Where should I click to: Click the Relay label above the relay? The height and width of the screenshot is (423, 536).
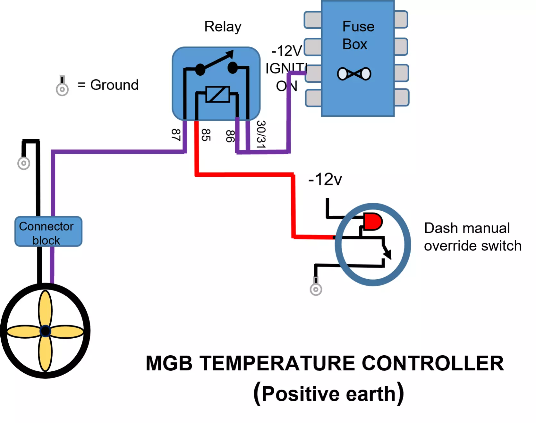coord(223,27)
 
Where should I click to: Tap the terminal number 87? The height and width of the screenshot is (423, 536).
coord(176,135)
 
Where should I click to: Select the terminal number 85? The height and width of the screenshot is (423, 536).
coord(206,135)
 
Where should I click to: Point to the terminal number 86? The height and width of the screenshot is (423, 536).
coord(230,136)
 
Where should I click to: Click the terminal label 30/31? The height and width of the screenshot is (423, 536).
coord(261,134)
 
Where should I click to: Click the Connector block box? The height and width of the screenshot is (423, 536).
coord(48,232)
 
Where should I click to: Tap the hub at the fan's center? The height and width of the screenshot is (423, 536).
coord(45,331)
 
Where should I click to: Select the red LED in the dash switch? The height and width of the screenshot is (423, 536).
coord(373,221)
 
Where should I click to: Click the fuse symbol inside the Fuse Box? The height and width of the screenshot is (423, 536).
coord(354,74)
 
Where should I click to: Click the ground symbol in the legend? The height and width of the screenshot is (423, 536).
coord(62,86)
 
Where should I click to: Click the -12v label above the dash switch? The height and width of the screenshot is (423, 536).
coord(325,179)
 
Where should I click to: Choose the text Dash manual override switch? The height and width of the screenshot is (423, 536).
coord(472,237)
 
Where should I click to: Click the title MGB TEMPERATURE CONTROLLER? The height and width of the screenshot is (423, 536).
coord(325,363)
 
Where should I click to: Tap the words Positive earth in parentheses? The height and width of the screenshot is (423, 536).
coord(328,394)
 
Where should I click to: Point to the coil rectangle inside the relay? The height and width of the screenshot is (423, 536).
coord(218,94)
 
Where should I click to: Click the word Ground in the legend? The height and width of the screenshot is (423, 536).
coord(114,85)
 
